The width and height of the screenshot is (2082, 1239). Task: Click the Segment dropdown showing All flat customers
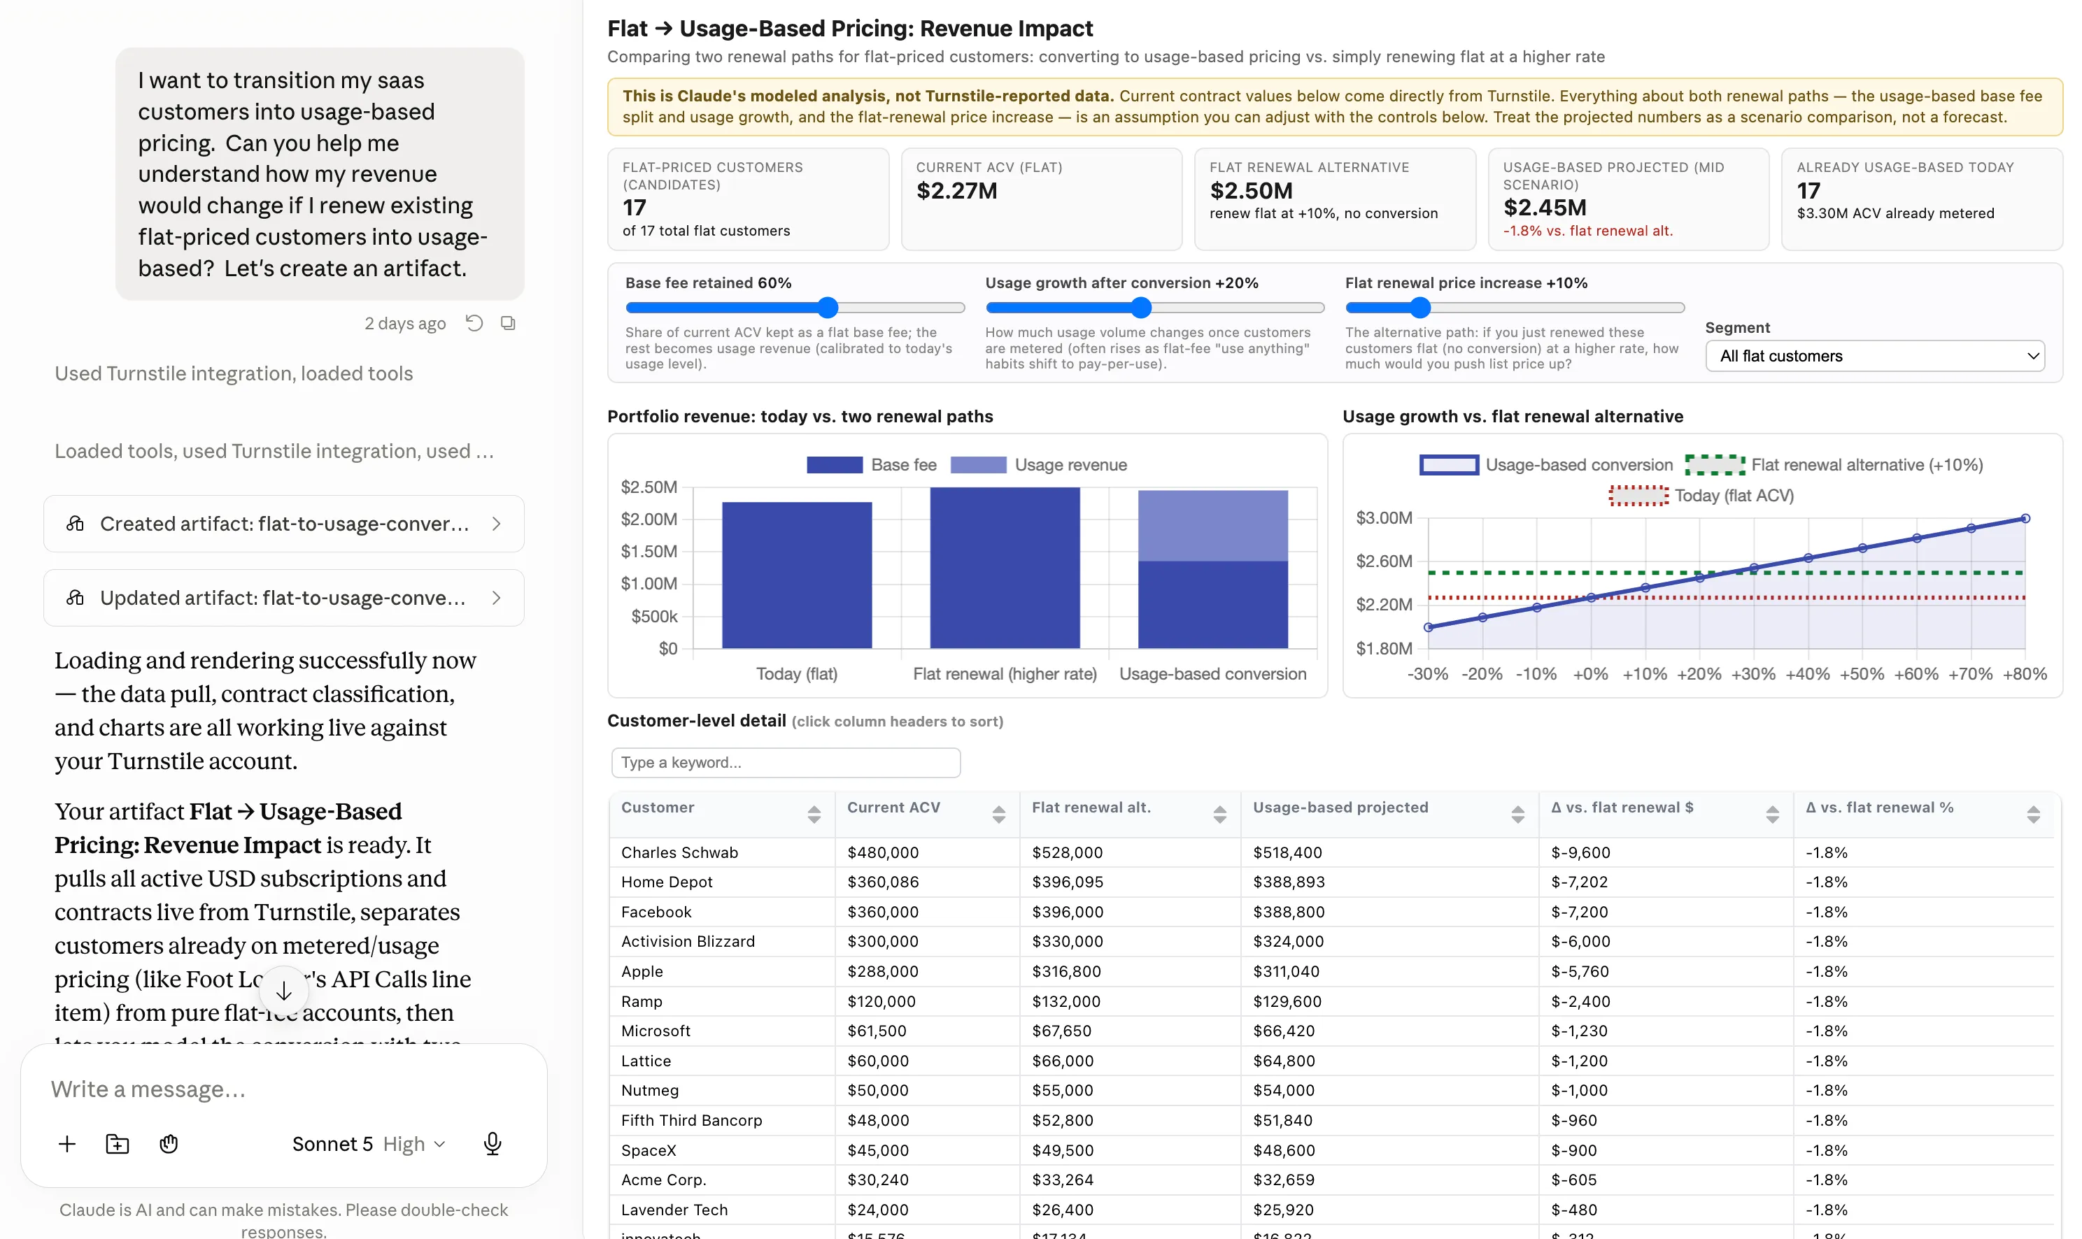point(1874,356)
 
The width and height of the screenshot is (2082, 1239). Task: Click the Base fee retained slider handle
point(827,307)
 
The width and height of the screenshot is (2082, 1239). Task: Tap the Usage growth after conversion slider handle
point(1141,307)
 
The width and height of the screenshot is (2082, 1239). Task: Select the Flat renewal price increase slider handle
point(1419,307)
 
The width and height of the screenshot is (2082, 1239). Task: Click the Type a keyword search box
point(785,762)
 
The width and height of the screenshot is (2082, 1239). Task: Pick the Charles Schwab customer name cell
point(679,852)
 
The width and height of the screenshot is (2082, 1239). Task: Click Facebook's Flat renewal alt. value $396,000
point(1068,912)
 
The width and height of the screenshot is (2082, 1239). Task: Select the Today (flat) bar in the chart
point(796,575)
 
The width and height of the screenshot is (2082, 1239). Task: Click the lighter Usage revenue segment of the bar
point(1212,526)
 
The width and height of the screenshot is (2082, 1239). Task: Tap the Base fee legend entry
point(871,465)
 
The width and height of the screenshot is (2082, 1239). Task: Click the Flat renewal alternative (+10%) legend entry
point(1833,465)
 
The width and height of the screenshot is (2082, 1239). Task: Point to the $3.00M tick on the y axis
point(1384,517)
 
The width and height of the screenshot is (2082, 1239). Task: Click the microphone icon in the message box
point(492,1144)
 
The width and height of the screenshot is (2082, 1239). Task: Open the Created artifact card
point(284,524)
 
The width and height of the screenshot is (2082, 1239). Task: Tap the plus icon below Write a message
point(66,1144)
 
